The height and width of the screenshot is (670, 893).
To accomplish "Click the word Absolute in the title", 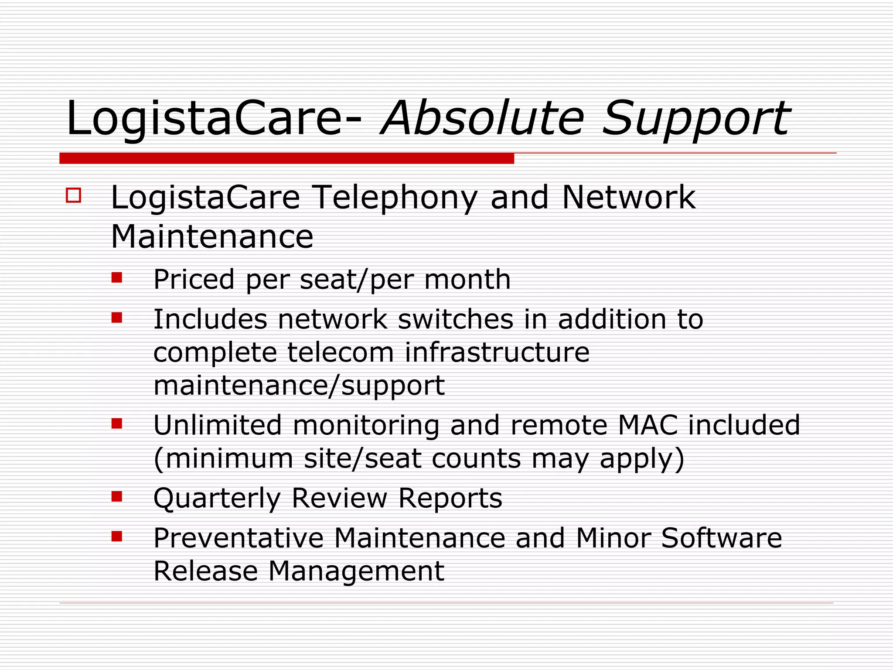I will pyautogui.click(x=482, y=119).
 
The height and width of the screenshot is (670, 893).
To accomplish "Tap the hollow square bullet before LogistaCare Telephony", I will pyautogui.click(x=74, y=195).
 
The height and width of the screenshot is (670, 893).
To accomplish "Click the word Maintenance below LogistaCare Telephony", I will pyautogui.click(x=212, y=237).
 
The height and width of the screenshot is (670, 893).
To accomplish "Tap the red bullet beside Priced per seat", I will pyautogui.click(x=117, y=278).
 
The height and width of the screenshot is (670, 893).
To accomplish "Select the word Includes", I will pyautogui.click(x=210, y=319).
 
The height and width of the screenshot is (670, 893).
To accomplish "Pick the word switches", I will pyautogui.click(x=456, y=319).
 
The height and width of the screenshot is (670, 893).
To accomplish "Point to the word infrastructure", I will pyautogui.click(x=497, y=352).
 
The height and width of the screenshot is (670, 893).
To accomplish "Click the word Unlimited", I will pyautogui.click(x=218, y=425).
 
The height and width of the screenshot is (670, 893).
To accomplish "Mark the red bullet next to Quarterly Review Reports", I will pyautogui.click(x=117, y=496).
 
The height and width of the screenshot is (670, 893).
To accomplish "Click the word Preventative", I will pyautogui.click(x=239, y=538).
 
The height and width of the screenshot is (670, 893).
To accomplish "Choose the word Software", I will pyautogui.click(x=721, y=538).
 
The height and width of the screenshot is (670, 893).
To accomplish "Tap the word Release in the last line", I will pyautogui.click(x=206, y=571).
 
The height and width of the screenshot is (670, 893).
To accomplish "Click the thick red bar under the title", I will pyautogui.click(x=286, y=158).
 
